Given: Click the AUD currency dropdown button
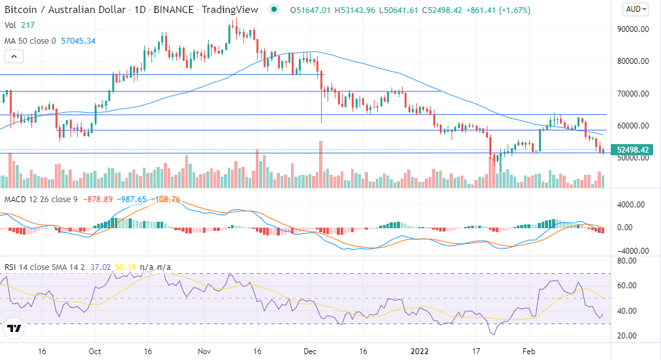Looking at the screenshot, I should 636,9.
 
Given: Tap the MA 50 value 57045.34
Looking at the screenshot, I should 78,40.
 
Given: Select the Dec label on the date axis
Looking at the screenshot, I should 309,350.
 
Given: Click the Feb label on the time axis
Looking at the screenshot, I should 529,350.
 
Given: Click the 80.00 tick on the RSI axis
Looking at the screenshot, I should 628,261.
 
